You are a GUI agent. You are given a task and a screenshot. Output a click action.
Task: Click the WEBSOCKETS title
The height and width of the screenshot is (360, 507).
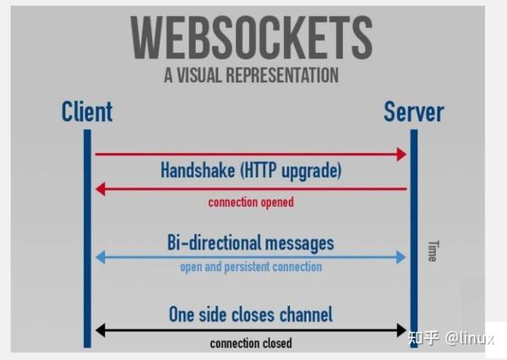[252, 37]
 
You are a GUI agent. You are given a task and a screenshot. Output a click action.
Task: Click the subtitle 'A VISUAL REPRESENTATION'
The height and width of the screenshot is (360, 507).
[251, 75]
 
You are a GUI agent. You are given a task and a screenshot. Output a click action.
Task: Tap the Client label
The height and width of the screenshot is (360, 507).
[87, 112]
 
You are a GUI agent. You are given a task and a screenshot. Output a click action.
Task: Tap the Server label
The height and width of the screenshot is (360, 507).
[413, 112]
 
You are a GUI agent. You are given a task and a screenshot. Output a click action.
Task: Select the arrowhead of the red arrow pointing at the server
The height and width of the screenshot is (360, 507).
[401, 155]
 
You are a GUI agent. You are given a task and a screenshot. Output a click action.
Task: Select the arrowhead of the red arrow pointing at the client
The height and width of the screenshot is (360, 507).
[101, 189]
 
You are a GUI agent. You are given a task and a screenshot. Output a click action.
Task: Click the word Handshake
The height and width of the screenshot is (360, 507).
[198, 170]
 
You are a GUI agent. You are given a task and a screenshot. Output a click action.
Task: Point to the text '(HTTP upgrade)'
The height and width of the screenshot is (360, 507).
[291, 171]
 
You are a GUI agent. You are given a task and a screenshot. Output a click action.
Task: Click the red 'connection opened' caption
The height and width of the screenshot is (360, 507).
[251, 203]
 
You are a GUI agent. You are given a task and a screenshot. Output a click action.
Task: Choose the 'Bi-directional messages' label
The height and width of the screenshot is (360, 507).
[251, 243]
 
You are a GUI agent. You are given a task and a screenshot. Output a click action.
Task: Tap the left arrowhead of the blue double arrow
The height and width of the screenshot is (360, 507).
[101, 257]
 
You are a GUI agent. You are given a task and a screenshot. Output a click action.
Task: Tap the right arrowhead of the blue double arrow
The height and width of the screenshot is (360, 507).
[401, 257]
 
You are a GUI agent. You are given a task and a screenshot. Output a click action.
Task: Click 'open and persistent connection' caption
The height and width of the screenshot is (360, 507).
[251, 267]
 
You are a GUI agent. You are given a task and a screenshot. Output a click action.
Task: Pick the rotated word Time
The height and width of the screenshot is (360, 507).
[433, 251]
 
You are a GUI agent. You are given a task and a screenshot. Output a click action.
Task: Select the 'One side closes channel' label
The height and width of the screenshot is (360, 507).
[251, 314]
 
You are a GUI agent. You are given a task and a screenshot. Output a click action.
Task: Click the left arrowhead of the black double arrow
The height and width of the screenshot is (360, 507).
[101, 330]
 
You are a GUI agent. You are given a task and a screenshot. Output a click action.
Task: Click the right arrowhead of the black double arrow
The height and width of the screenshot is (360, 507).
[401, 330]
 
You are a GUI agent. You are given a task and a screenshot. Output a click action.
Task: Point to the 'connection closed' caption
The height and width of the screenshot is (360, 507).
[251, 343]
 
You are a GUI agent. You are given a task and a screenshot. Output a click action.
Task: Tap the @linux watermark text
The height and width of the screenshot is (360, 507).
[470, 338]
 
